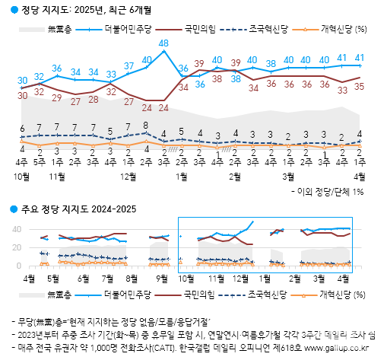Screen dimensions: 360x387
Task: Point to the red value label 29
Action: tap(57, 97)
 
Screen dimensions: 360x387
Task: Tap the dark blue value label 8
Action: tap(146, 125)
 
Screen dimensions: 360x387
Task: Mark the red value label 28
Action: tap(93, 99)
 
